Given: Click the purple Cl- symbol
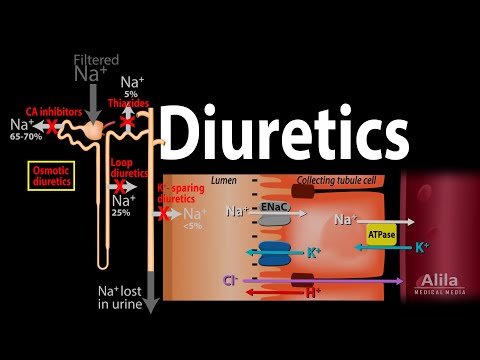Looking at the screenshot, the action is (x=232, y=281).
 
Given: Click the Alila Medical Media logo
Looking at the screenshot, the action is (x=441, y=284).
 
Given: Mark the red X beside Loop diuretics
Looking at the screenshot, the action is (x=120, y=186).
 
